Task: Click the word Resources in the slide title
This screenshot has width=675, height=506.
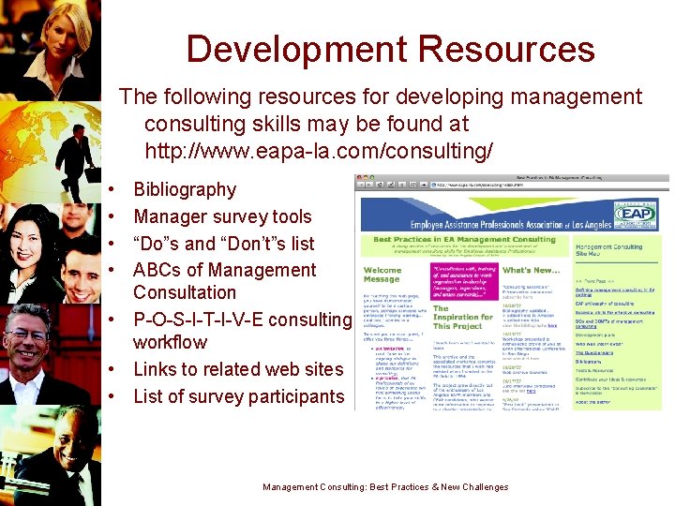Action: coord(505,50)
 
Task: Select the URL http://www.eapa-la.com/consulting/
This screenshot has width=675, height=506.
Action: coord(319,150)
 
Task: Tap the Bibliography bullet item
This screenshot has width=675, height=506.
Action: coord(185,189)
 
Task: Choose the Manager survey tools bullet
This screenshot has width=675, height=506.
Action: coord(222,216)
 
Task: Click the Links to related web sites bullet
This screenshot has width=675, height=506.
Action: coord(238,369)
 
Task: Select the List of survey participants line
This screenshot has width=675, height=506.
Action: coord(239,396)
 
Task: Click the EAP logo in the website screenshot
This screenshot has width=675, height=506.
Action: coord(636,214)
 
